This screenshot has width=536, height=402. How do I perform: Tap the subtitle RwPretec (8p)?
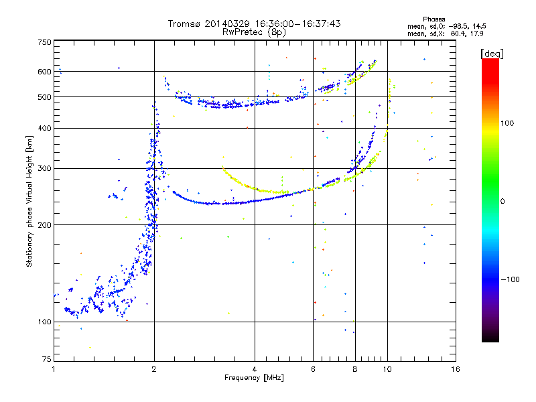(254, 32)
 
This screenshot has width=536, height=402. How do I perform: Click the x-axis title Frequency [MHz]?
(254, 377)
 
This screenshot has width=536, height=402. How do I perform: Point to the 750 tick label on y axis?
(44, 42)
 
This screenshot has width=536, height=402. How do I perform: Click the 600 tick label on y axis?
(44, 72)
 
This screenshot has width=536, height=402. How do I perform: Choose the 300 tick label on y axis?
(44, 168)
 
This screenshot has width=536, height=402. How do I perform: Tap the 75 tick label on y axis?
(47, 359)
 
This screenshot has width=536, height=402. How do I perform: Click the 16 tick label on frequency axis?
(455, 369)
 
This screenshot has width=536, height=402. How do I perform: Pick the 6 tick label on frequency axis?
(313, 369)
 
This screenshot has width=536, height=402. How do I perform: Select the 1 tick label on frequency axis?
(54, 369)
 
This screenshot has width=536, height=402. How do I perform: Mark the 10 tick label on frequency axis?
(387, 369)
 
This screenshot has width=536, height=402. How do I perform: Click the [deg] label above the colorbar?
(492, 54)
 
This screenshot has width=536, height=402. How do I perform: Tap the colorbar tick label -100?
(510, 279)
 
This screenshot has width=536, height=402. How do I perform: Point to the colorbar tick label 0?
(503, 201)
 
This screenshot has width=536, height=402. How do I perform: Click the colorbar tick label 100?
(507, 123)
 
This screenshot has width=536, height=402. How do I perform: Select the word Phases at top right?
(433, 19)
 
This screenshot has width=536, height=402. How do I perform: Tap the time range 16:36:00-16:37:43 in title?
(297, 23)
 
